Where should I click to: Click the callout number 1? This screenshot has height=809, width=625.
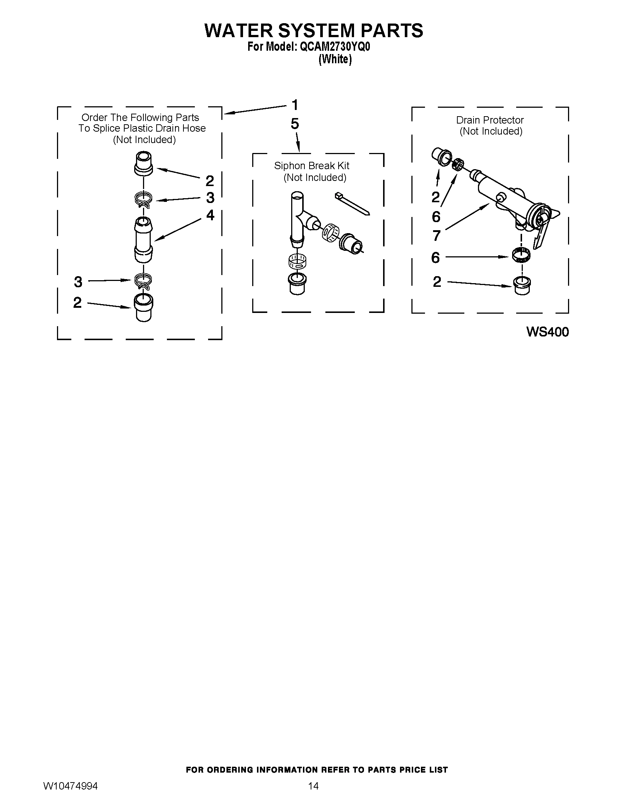295,105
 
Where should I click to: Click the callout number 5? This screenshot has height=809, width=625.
295,124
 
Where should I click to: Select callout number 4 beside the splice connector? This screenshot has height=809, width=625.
210,215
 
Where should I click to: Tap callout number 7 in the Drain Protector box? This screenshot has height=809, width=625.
436,236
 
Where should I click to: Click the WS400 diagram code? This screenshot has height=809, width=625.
547,332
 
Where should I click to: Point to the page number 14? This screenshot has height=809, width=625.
313,786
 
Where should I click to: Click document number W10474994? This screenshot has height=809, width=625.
70,786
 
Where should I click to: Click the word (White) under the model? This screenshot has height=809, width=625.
335,59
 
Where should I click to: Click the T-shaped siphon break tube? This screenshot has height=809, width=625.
298,218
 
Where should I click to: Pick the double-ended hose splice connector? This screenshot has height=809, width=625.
143,240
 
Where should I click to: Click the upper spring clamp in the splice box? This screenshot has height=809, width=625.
143,200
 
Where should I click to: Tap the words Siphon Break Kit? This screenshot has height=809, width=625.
311,166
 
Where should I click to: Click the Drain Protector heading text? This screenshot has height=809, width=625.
489,120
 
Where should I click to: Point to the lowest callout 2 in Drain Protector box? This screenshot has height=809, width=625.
437,282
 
